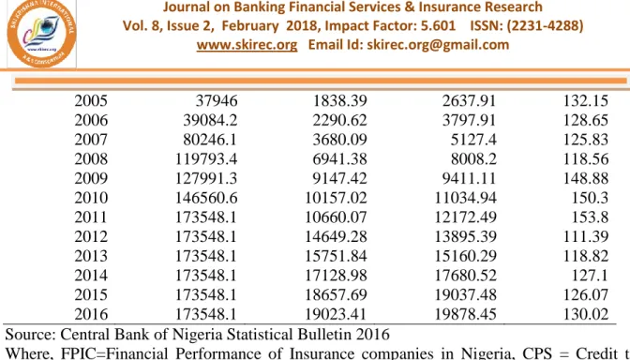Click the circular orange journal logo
42,33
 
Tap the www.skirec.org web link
247,45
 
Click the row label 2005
91,101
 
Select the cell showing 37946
217,101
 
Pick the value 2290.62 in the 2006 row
340,120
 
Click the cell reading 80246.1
210,140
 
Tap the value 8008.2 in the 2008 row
473,158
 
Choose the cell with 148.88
585,178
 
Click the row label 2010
91,198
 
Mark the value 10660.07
336,217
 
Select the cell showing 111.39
585,236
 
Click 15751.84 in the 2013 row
336,256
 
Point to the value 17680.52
466,276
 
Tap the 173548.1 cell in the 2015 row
206,294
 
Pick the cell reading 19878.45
466,314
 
